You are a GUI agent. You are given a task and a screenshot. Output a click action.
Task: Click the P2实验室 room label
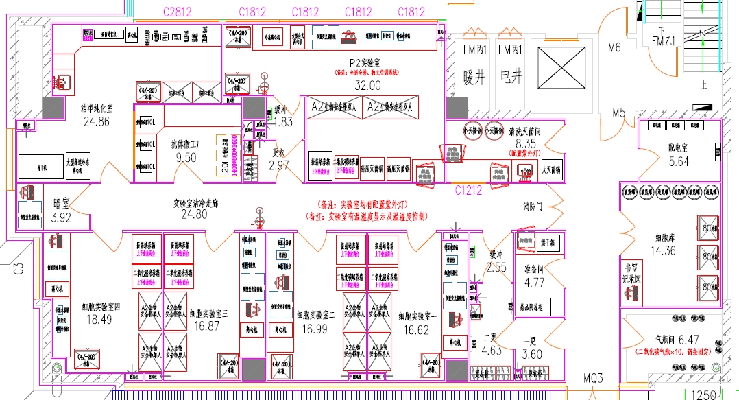coord(367,62)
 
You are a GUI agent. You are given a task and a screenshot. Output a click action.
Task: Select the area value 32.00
coord(367,86)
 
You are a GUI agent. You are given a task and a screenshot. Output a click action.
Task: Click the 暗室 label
coord(62,204)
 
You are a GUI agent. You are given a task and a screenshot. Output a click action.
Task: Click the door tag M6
coord(614,47)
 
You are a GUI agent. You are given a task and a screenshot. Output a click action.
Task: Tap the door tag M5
coord(619,113)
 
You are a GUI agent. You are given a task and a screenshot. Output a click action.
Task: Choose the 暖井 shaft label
coord(474,77)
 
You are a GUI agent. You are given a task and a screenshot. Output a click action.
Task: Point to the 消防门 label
coord(533,206)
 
